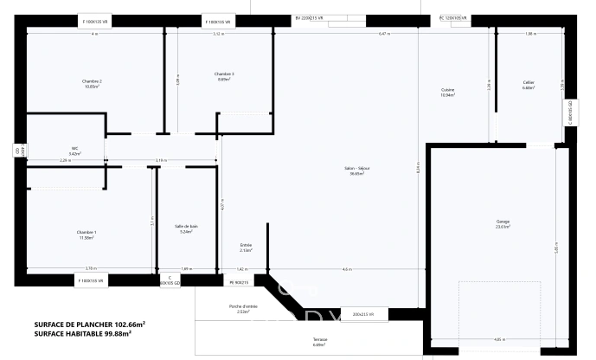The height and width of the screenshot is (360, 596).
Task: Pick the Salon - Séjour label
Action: click(356, 171)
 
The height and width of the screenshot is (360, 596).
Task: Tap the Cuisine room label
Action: click(448, 92)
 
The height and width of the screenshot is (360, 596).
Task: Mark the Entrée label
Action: click(246, 247)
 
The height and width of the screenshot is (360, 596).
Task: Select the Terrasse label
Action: click(320, 343)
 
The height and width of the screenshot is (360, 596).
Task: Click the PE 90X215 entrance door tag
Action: click(239, 282)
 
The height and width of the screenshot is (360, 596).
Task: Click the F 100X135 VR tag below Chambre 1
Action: click(90, 280)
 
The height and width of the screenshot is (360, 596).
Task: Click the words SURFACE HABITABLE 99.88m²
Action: click(89, 333)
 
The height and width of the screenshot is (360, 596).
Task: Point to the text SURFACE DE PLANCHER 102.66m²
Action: click(89, 324)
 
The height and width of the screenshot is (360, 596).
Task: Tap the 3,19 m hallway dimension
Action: click(161, 161)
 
